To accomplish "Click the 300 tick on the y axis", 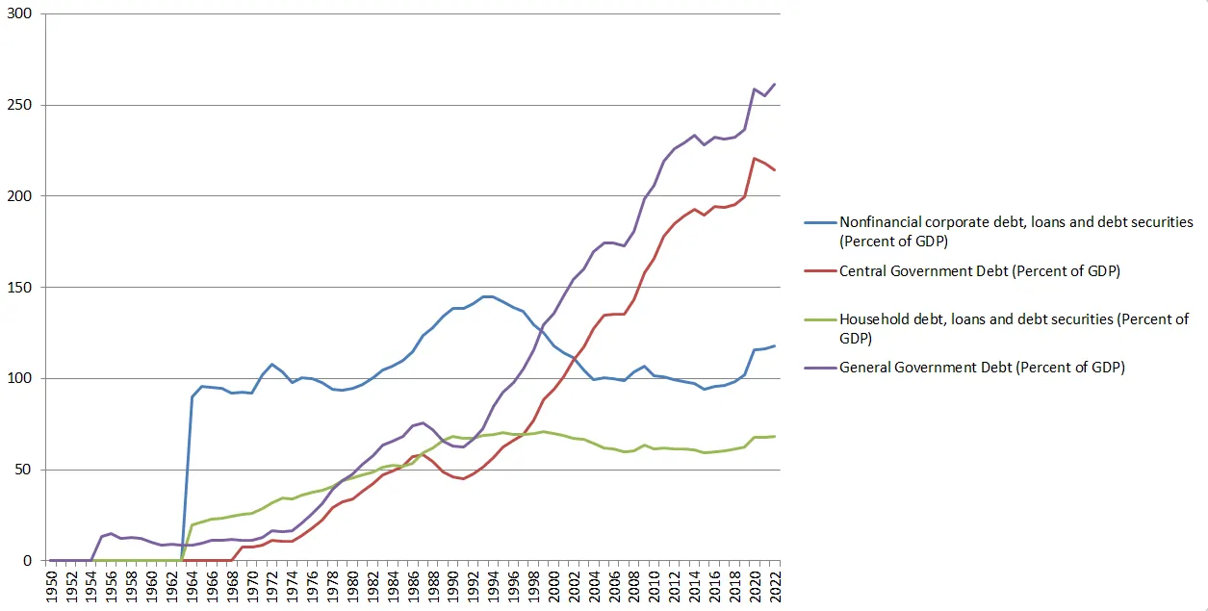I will [20, 14].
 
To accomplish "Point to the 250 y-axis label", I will [20, 105].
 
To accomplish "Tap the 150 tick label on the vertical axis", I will [20, 288].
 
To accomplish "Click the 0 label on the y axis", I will [28, 561].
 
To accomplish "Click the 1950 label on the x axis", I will [52, 586].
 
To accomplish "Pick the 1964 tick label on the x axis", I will [193, 586].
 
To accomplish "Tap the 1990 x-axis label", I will [453, 586].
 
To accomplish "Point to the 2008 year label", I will [633, 586].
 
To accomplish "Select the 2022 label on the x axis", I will [774, 586].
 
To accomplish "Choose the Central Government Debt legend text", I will [979, 271].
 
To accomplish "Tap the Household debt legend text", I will [1014, 327].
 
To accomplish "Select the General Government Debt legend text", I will [982, 367].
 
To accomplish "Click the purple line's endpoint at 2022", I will [775, 85].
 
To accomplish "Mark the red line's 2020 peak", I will [755, 158].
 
